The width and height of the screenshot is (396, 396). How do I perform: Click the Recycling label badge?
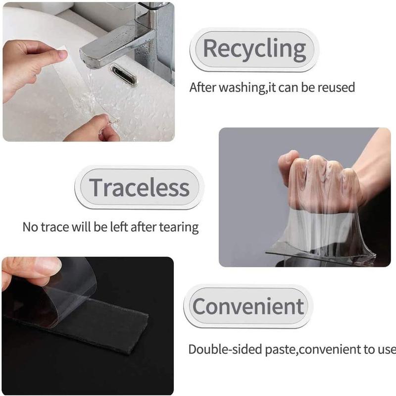(x=254, y=49)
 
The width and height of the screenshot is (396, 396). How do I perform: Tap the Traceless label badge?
(x=139, y=188)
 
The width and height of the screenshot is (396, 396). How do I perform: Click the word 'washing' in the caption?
(x=241, y=88)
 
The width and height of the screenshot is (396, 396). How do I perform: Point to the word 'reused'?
(x=337, y=88)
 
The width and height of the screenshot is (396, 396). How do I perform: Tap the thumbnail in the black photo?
(x=47, y=267)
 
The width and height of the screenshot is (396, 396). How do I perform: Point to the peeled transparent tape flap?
(x=64, y=292)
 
